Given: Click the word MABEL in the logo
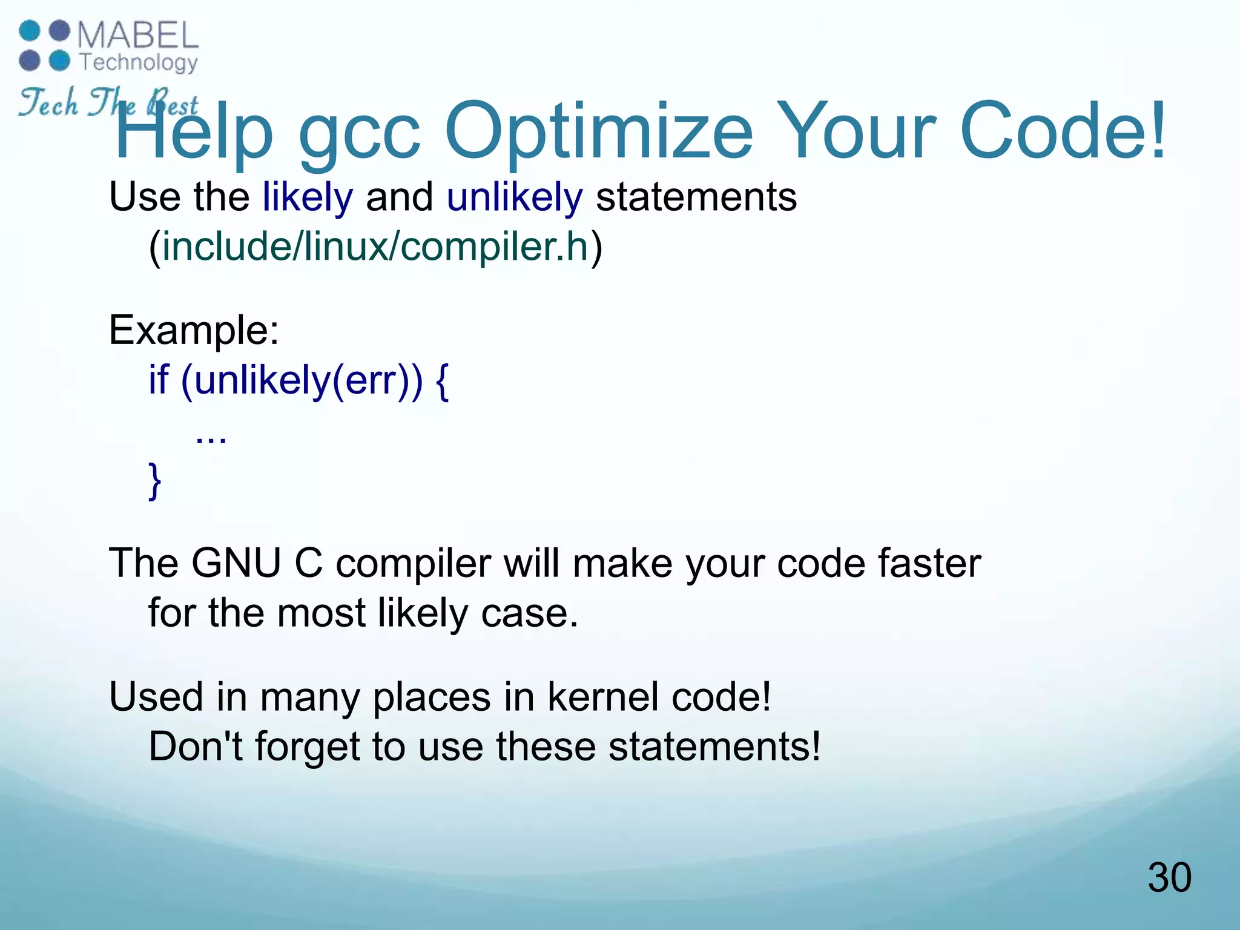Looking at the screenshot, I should (x=137, y=35).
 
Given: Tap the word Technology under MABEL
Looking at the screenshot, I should (x=139, y=62).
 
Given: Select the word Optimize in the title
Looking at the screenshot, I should (x=599, y=131).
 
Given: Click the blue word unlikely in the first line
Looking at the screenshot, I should (x=515, y=197).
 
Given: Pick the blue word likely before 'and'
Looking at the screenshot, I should (x=308, y=197).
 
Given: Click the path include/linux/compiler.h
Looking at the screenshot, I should (x=375, y=247).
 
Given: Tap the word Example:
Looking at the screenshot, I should (x=194, y=331).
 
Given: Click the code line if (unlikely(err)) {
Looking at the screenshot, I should (x=298, y=381).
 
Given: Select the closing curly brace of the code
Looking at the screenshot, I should (x=155, y=481).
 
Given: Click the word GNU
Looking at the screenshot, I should (x=236, y=564).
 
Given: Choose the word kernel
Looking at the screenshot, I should (x=602, y=697).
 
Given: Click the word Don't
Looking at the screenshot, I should (x=195, y=747).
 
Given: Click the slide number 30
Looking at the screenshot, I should (x=1169, y=877).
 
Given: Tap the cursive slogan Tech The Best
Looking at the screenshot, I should (x=108, y=103).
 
